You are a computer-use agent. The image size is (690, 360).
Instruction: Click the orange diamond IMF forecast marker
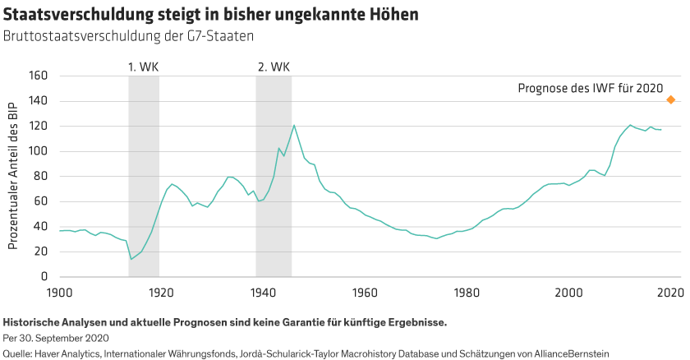(x=670, y=100)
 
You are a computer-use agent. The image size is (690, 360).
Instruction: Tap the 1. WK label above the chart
(x=143, y=66)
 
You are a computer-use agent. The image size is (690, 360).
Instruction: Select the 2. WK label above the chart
(x=274, y=66)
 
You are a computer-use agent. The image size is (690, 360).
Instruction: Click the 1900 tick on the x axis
(x=59, y=292)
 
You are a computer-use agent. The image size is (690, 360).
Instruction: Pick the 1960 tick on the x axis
(x=364, y=292)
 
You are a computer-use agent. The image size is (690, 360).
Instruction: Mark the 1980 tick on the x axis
(x=466, y=292)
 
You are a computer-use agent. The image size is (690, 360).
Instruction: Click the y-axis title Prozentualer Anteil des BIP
(x=13, y=176)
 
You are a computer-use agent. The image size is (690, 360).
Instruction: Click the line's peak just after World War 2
(x=293, y=125)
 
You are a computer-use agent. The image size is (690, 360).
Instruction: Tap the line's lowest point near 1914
(x=131, y=259)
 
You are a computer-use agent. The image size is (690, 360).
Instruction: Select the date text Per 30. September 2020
(x=56, y=338)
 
